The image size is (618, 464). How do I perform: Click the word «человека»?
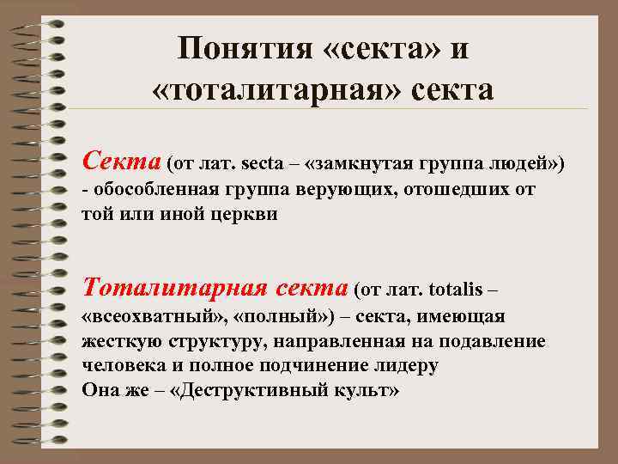[x=122, y=364]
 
